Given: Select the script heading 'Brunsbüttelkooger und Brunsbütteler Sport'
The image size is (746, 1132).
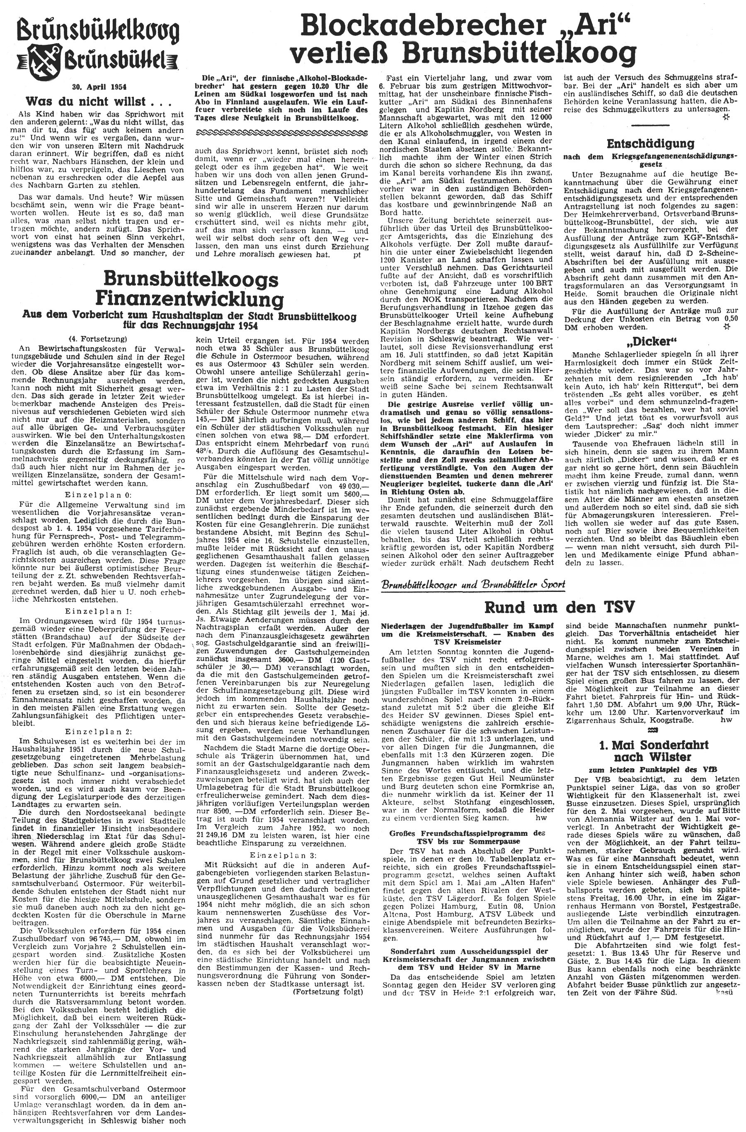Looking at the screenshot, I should (473, 584).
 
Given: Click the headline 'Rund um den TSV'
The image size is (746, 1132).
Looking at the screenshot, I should (559, 607).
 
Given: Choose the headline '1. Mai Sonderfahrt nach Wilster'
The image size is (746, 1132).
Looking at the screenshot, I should (650, 752).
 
